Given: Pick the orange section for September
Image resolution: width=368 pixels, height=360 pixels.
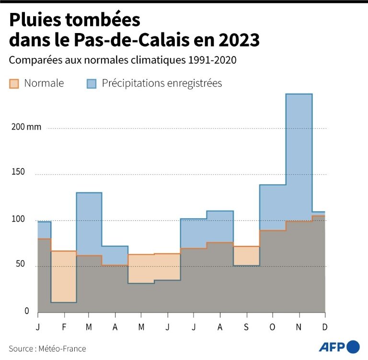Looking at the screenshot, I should pos(246,256).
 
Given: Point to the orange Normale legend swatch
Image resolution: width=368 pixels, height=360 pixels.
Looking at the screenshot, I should pos(14,83).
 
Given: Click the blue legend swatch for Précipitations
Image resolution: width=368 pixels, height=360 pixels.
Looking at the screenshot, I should pos(92,83).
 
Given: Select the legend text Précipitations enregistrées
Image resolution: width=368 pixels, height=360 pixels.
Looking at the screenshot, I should pos(162,83).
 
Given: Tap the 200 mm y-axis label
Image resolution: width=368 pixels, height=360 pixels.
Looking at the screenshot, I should pos(27,127).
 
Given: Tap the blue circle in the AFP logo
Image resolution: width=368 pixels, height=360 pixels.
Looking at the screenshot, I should pos(353,347).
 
